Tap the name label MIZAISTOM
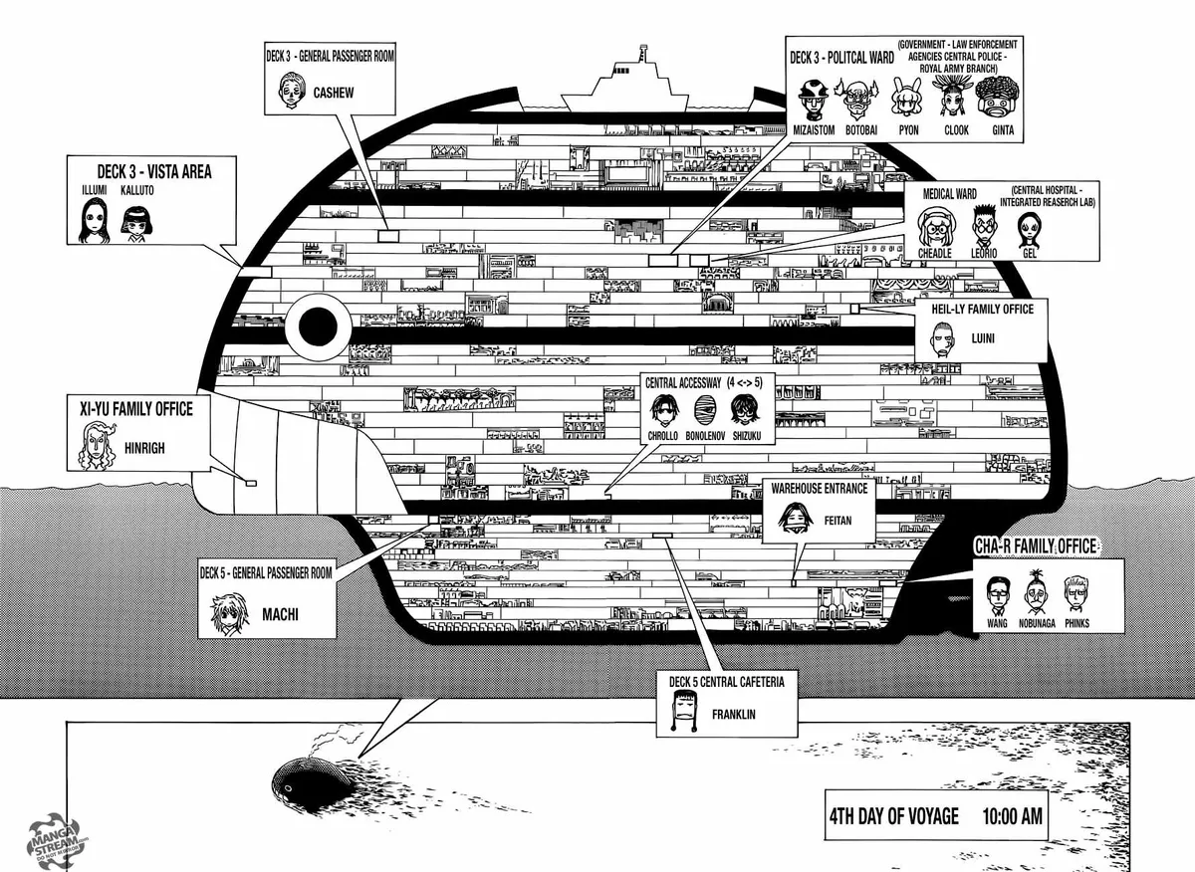[814, 130]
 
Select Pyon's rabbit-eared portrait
[906, 99]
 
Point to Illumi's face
[94, 220]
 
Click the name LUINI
[983, 338]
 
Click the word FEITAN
[837, 520]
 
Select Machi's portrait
[230, 614]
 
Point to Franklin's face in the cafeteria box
[684, 711]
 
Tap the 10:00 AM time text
[1012, 816]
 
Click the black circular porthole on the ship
[318, 327]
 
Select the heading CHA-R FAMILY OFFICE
[1036, 546]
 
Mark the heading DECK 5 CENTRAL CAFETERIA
[727, 682]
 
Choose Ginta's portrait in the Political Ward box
[997, 99]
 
